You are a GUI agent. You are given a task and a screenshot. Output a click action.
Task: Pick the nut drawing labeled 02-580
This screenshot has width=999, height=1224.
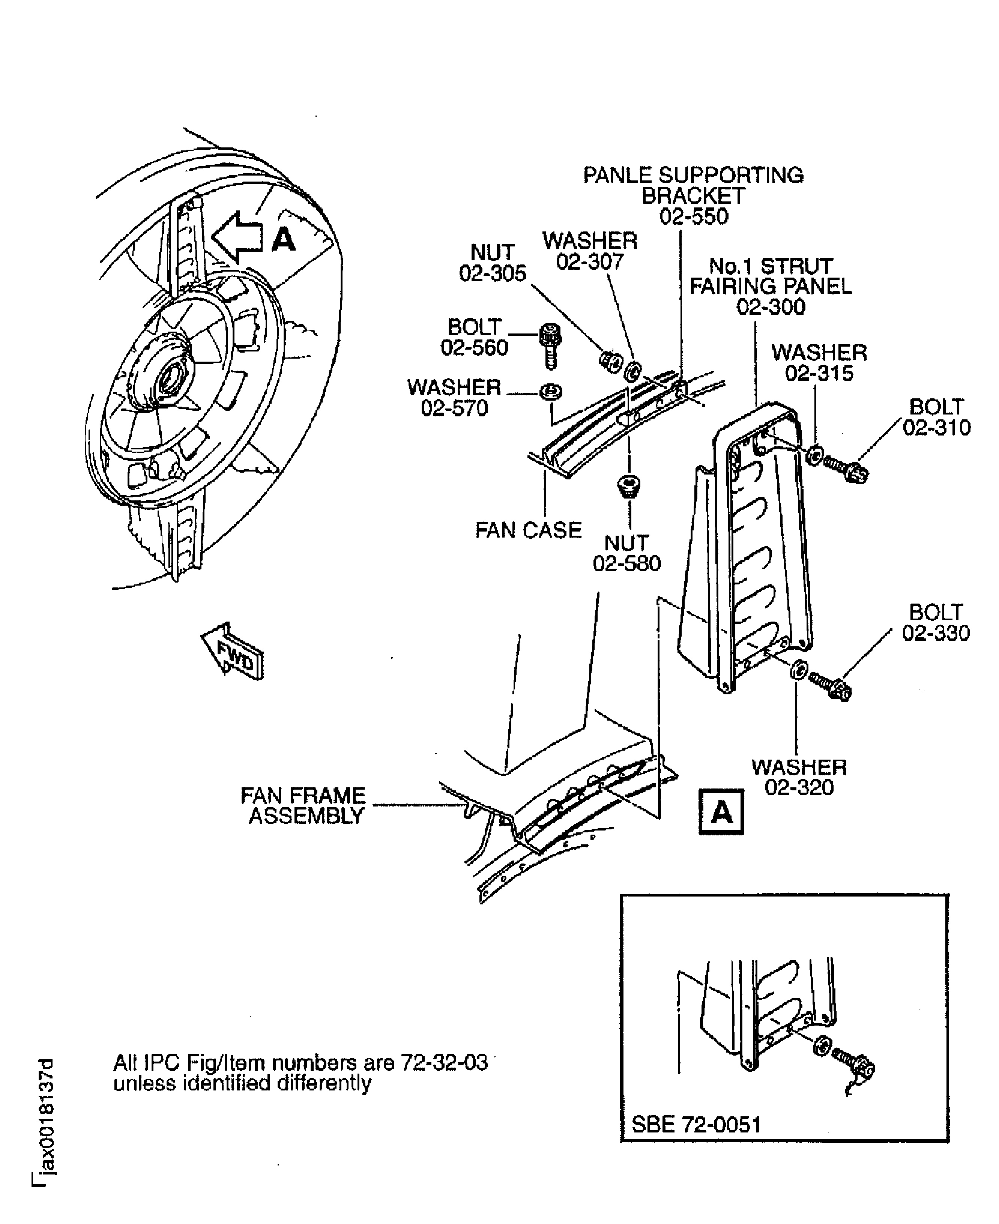click(x=629, y=485)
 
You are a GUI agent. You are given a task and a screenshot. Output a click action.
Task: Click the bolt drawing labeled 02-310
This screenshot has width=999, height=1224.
click(x=846, y=469)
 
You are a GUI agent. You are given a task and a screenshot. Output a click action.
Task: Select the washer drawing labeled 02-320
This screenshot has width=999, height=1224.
click(x=799, y=670)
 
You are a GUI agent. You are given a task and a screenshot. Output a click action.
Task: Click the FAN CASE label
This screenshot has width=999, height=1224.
click(x=528, y=530)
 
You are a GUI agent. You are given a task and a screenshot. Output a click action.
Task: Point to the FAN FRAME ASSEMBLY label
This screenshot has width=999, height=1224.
click(x=303, y=806)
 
